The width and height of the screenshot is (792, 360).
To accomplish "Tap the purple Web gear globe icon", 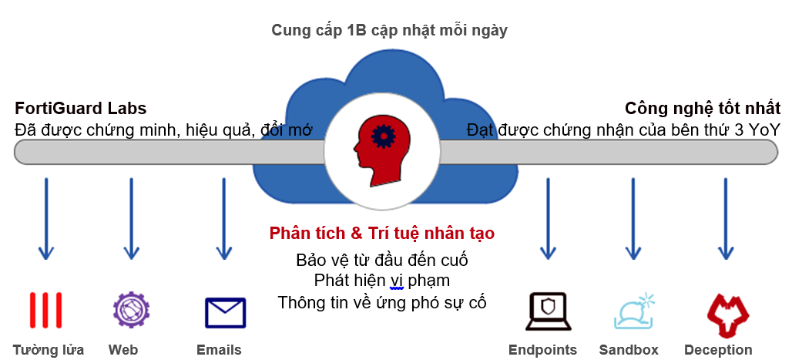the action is (x=131, y=311).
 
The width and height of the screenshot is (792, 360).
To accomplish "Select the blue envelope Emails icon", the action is (x=224, y=312).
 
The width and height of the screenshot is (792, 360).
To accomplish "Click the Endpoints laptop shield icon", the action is (x=548, y=311).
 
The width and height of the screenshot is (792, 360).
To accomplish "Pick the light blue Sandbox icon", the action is (x=633, y=311).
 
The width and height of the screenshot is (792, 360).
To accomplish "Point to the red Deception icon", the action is (x=725, y=311).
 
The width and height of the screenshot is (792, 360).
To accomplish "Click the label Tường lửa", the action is (x=49, y=349).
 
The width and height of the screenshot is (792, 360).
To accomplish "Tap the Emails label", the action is (x=219, y=349).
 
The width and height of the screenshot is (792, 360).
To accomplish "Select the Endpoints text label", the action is (x=542, y=349).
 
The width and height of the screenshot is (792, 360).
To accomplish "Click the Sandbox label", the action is (x=629, y=349).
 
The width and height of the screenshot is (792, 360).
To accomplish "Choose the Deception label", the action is (x=718, y=349).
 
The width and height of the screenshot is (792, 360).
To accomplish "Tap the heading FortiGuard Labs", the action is (x=81, y=108).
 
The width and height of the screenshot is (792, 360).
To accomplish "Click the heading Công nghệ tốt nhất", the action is (x=703, y=108).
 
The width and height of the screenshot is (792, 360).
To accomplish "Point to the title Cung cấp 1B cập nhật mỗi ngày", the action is (x=389, y=30).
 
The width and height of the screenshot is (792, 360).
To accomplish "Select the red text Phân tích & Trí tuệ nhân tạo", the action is (x=382, y=233).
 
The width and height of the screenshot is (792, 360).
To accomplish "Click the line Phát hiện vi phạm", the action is (x=382, y=280).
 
